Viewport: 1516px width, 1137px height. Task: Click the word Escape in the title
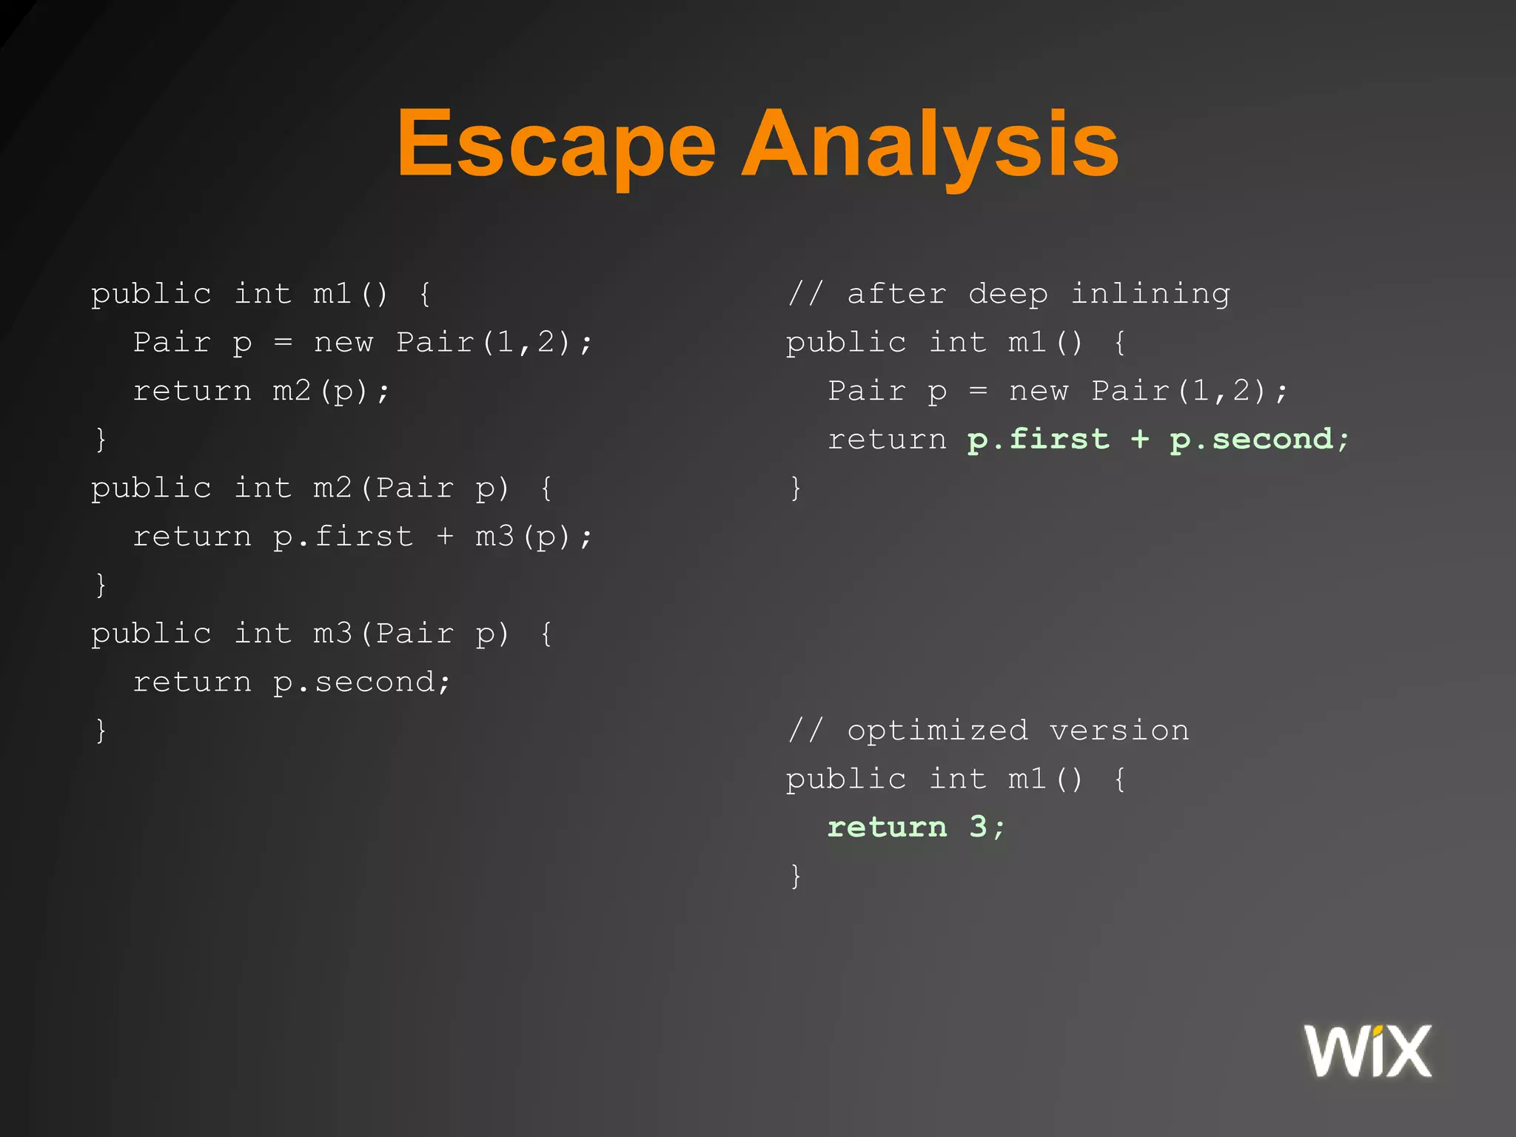click(556, 144)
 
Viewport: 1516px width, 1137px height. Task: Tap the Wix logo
click(1367, 1050)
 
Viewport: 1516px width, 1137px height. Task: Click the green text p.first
click(1038, 440)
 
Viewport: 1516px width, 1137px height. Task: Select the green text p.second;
click(1259, 440)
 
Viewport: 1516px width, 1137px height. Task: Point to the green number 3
click(978, 827)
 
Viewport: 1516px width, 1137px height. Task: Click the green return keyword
click(887, 827)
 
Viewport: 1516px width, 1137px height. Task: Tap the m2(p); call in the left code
click(331, 391)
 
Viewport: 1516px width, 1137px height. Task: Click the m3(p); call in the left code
click(534, 537)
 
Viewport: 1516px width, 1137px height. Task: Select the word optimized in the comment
click(937, 731)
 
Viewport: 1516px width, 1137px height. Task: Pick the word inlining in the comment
click(1150, 294)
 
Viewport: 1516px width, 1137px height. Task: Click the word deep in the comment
click(1008, 294)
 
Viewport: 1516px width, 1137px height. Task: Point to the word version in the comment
click(1118, 731)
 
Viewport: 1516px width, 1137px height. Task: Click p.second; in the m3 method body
click(361, 682)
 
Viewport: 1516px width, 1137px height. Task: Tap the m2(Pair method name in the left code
click(383, 488)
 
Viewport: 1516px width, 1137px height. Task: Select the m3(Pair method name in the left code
click(383, 634)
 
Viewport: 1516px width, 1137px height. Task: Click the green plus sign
click(1139, 440)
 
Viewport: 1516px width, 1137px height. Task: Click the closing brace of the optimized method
click(796, 876)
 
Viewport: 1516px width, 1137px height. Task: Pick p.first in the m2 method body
click(343, 537)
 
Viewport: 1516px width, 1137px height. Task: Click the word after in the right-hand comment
click(896, 294)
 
